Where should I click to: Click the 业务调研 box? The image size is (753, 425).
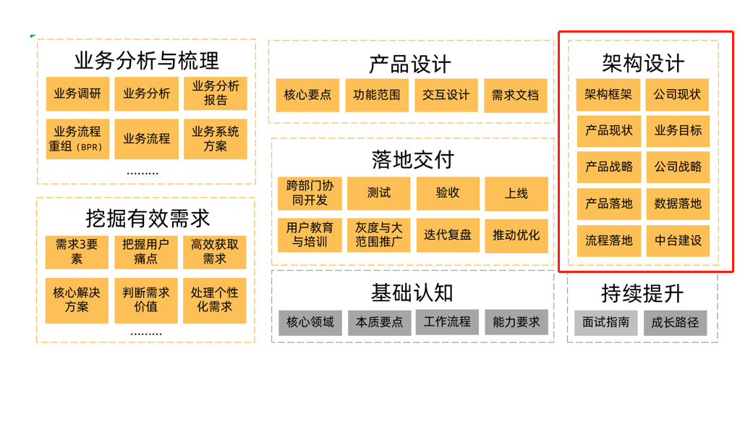tap(77, 93)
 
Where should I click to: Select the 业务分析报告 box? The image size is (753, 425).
tap(216, 93)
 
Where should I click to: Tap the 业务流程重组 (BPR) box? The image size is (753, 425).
tap(77, 139)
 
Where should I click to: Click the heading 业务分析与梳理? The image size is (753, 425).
tap(146, 60)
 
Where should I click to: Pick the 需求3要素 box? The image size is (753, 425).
tap(77, 251)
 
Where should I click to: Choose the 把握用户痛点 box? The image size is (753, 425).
tap(146, 251)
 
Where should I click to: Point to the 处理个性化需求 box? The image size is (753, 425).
tap(215, 300)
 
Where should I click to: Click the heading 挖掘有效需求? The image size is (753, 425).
tap(147, 218)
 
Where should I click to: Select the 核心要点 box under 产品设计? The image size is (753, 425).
tap(307, 95)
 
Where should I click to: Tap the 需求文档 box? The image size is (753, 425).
tap(515, 95)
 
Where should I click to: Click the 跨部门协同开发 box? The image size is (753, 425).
tap(310, 193)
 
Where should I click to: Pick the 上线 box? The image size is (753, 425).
tap(516, 193)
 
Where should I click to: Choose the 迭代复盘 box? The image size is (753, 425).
tap(448, 235)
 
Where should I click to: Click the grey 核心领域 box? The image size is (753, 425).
tap(310, 322)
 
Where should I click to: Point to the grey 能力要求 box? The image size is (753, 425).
tap(516, 322)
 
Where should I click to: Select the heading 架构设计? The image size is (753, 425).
tap(643, 63)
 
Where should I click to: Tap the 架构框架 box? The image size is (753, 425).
tap(608, 95)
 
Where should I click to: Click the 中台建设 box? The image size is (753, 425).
tap(678, 240)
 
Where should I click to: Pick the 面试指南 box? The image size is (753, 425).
tap(606, 323)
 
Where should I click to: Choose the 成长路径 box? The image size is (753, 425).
tap(676, 323)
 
